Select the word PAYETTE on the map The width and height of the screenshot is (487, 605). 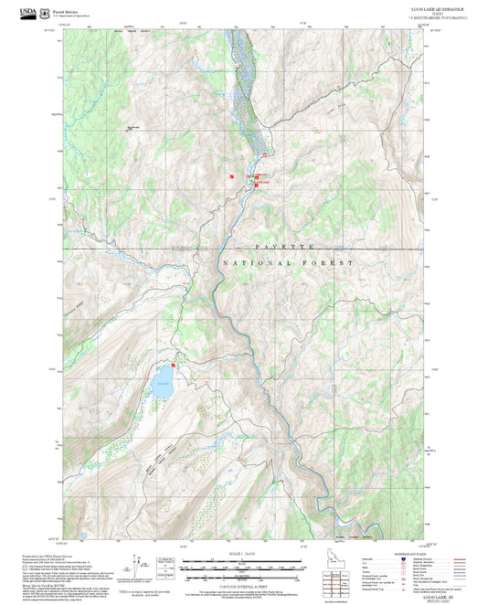pyautogui.click(x=285, y=248)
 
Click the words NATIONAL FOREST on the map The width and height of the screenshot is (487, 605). pyautogui.click(x=287, y=263)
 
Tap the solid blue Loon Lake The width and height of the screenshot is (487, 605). pyautogui.click(x=162, y=377)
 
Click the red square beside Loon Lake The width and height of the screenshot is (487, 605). pyautogui.click(x=171, y=362)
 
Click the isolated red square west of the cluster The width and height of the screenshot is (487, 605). pyautogui.click(x=232, y=175)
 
